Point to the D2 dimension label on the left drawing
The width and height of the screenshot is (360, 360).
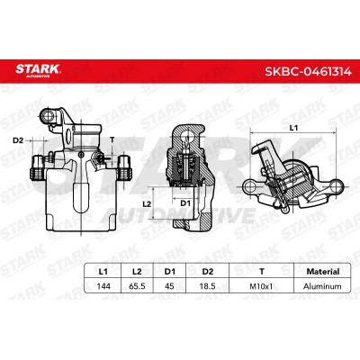(18, 139)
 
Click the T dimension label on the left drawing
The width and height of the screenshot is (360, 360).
(112, 139)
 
